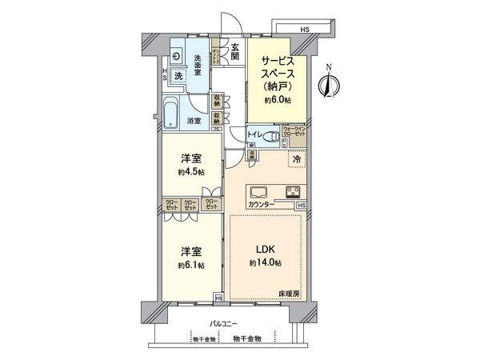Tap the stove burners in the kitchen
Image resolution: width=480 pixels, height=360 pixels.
pos(292,192)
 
